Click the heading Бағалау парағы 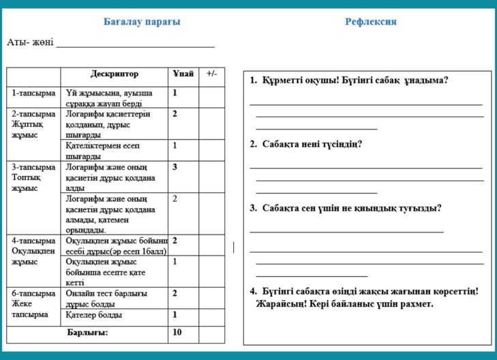click(142, 22)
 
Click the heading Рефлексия click(371, 22)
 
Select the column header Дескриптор click(114, 74)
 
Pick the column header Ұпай click(183, 74)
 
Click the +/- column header click(211, 74)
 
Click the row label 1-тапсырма click(33, 93)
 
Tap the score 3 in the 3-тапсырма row click(175, 166)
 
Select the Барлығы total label click(87, 333)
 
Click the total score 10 click(177, 333)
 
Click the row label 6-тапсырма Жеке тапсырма click(33, 303)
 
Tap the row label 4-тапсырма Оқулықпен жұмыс click(33, 250)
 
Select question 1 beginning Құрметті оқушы click(348, 80)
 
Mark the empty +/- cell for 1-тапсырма click(211, 97)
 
